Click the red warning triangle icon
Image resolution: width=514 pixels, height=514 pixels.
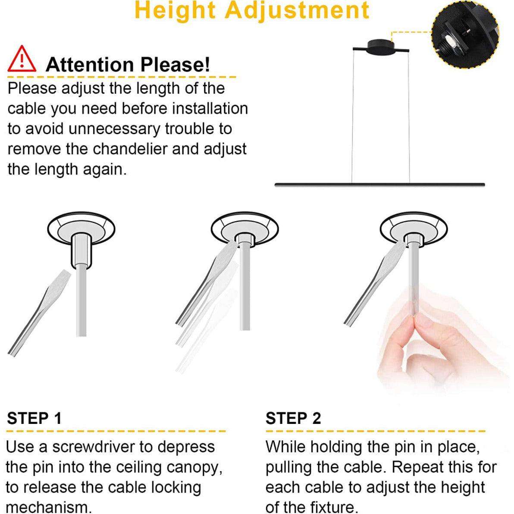point(22,59)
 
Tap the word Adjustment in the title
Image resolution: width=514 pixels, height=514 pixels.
point(298,10)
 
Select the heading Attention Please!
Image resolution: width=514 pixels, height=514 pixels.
point(128,64)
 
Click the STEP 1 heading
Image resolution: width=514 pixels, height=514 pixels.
point(34,418)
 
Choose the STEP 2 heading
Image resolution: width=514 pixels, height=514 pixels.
point(293,418)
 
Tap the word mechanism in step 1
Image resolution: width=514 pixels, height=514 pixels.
point(49,508)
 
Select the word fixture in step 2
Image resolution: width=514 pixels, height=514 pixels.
point(333,508)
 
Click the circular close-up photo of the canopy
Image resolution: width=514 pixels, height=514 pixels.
point(465,34)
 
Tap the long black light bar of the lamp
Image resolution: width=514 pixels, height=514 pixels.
point(379,185)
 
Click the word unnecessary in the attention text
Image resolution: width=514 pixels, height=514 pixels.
point(114,129)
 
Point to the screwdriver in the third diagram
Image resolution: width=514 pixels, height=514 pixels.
point(375,285)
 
